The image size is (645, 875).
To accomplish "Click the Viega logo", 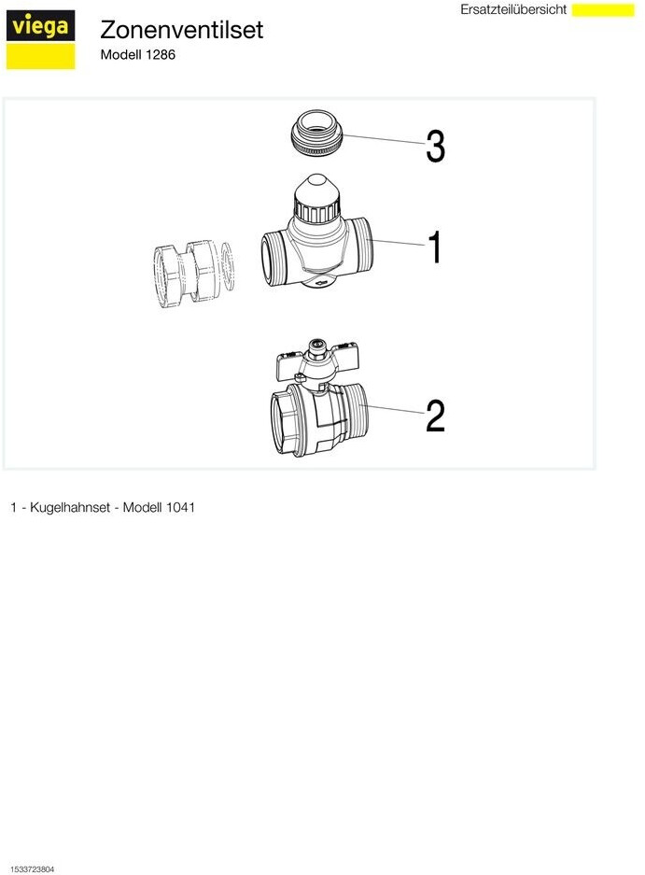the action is [x=40, y=39].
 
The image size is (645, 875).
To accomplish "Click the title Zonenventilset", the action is [x=181, y=30].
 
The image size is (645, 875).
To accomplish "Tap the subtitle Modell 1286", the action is [x=138, y=55].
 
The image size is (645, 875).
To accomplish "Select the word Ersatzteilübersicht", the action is [x=513, y=9].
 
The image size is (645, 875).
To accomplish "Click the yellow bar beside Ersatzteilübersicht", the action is [x=603, y=10].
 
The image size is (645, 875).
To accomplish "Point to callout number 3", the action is [x=435, y=147].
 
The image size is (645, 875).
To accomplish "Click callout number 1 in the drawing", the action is [x=435, y=247].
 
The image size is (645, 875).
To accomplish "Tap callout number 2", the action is [x=435, y=416].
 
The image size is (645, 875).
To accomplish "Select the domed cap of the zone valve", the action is [x=317, y=190].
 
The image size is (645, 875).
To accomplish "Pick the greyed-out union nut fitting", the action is [x=184, y=271].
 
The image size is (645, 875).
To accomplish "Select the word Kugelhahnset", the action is [x=70, y=507].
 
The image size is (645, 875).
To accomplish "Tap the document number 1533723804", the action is [x=33, y=869].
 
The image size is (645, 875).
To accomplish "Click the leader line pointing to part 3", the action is [x=385, y=139].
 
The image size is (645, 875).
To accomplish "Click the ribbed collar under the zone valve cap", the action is [x=317, y=212].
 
